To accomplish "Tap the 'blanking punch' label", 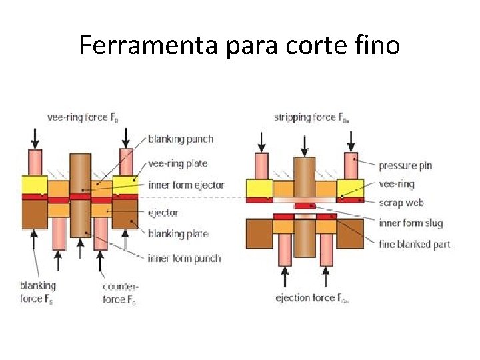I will point(181,139).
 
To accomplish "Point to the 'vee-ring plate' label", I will point(177,163).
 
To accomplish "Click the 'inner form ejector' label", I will point(186,185).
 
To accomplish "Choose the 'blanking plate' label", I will point(178,233).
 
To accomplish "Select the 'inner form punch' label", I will point(184,258).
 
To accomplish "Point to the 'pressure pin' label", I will point(407,165).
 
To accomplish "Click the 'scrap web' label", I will point(401,202).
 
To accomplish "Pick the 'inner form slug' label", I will point(410,223).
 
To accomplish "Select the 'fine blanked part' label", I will point(414,244).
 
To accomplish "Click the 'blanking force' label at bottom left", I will point(38,292).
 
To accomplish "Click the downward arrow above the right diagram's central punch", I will point(305,143).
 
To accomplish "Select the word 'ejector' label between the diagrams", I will point(163,213).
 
